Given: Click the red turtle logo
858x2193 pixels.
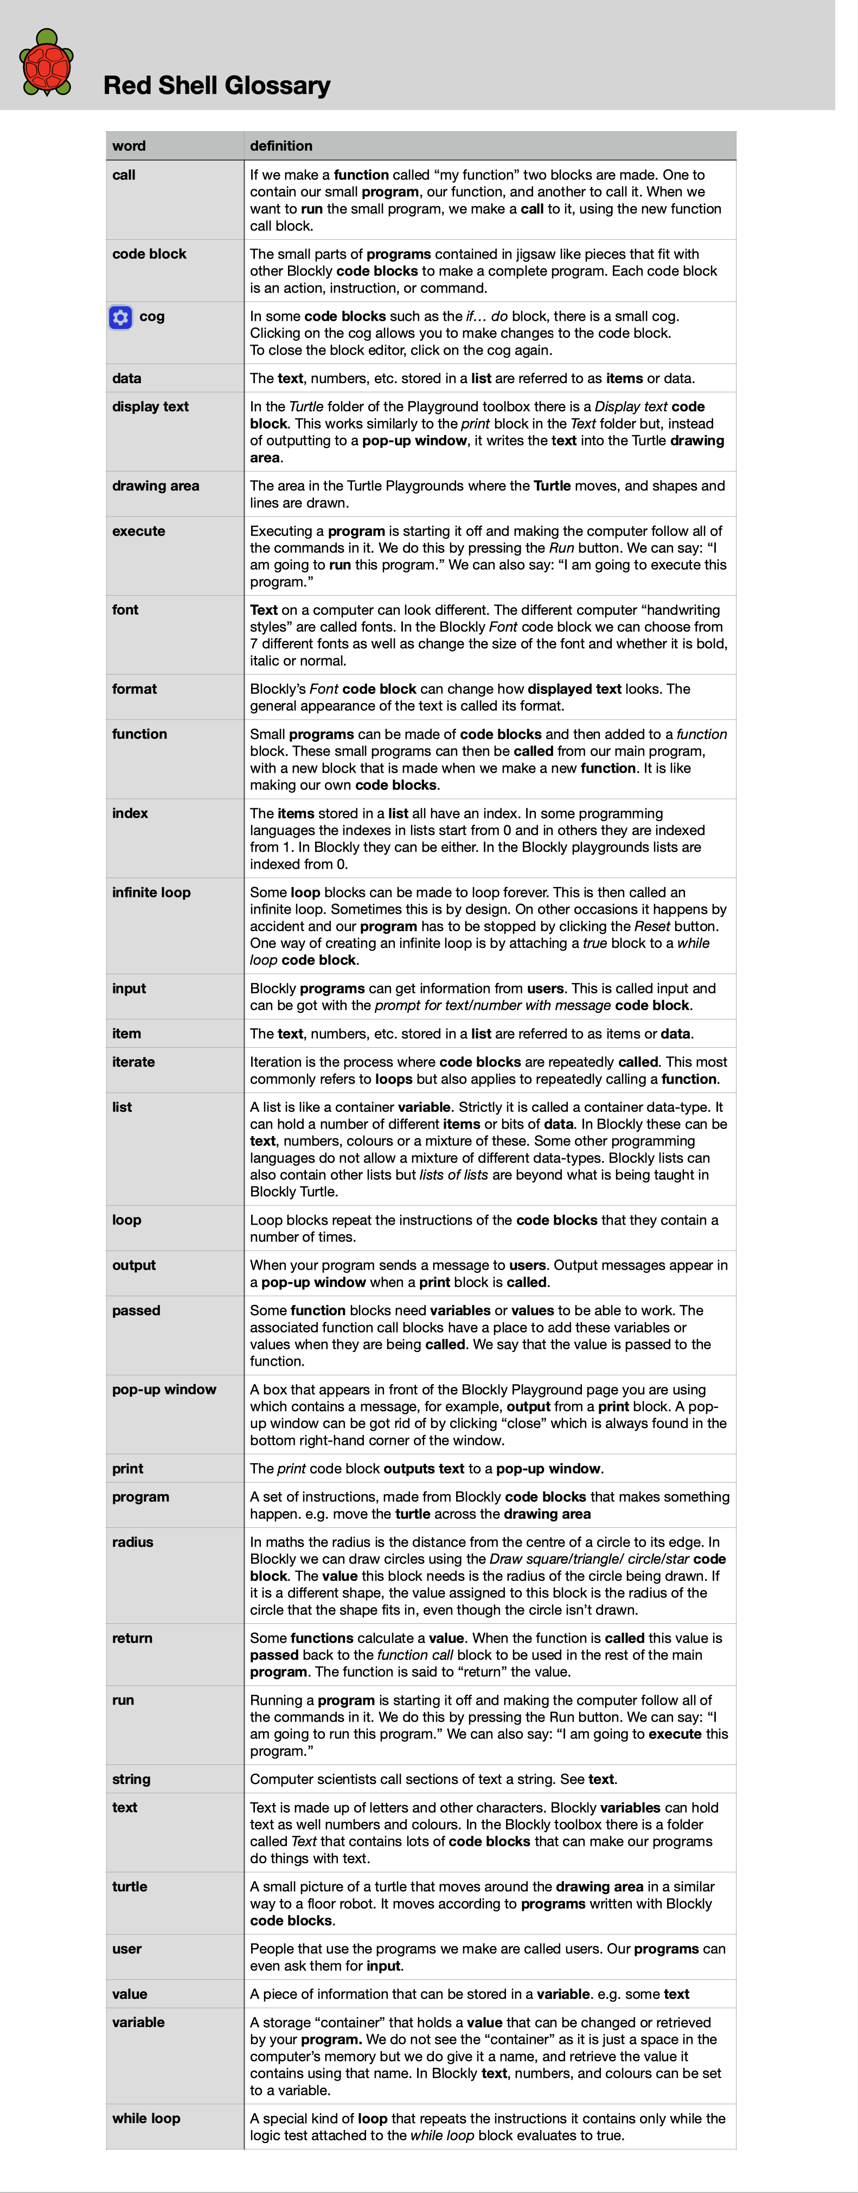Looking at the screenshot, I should click(x=47, y=63).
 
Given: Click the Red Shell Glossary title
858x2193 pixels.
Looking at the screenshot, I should click(x=216, y=85).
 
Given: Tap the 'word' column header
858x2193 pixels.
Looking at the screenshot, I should click(x=129, y=145).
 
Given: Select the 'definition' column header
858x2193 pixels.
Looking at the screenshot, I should click(x=281, y=145).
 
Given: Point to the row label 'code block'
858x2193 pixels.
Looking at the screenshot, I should click(x=149, y=254).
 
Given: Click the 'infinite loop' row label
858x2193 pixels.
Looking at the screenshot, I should click(x=151, y=892).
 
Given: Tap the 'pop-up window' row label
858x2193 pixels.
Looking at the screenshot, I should click(x=164, y=1389).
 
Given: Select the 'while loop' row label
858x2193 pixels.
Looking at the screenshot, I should click(x=146, y=2118).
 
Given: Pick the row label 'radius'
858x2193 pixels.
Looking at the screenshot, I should click(x=133, y=1542).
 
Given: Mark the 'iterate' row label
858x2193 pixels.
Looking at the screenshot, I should click(x=133, y=1062).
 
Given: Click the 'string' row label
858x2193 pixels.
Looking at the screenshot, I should click(x=131, y=1779).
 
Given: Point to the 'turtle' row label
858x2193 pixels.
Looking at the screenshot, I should click(x=130, y=1886).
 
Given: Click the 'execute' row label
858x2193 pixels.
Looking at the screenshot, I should click(x=139, y=531).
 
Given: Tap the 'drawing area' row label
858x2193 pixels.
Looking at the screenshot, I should click(x=156, y=485).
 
